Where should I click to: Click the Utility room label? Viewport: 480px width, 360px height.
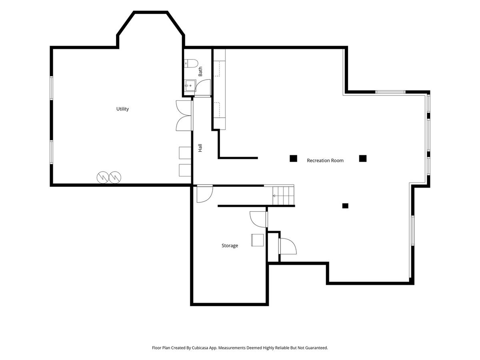122,109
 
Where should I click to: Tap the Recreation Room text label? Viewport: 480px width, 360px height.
325,161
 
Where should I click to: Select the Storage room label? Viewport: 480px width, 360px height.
230,246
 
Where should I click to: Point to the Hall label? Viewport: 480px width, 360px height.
200,148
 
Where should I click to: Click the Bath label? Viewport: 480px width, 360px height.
200,72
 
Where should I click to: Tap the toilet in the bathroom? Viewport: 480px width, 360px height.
191,63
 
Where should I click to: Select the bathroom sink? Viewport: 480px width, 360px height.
190,86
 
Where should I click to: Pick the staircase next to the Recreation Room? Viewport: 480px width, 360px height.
283,195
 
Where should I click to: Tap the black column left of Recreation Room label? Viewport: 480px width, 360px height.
293,158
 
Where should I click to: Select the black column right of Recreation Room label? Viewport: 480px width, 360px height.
363,158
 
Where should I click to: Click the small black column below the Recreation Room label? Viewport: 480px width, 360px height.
345,206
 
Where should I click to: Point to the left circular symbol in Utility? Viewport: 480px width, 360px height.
103,177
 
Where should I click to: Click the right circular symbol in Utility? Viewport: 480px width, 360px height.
115,177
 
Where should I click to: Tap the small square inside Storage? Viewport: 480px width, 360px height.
257,240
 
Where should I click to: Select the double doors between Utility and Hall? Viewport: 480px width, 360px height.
184,116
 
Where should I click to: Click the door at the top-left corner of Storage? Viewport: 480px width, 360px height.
205,194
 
